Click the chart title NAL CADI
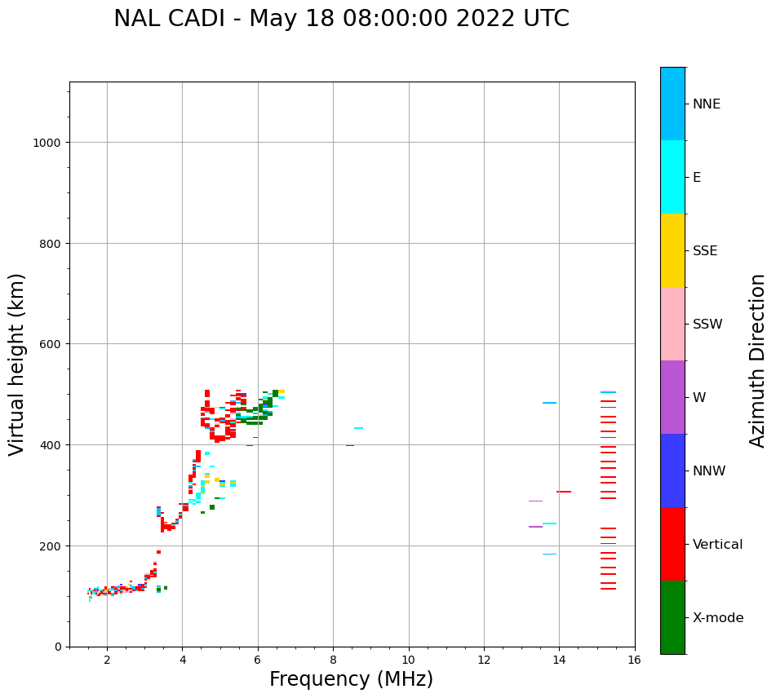tap(341, 19)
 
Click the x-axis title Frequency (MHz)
tap(351, 679)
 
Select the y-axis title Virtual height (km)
tap(17, 364)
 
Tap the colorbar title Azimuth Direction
tap(758, 360)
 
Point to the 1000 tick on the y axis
tap(49, 143)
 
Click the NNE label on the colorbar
tap(707, 104)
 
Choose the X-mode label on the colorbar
tap(718, 617)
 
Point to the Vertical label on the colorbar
tap(717, 544)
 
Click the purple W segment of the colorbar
tap(672, 397)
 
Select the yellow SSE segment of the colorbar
tap(672, 250)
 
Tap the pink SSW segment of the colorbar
tap(672, 324)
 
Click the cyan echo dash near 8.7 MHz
tap(358, 428)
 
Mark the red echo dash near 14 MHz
tap(564, 492)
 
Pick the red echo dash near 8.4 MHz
tap(349, 445)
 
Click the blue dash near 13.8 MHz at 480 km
tap(549, 403)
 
